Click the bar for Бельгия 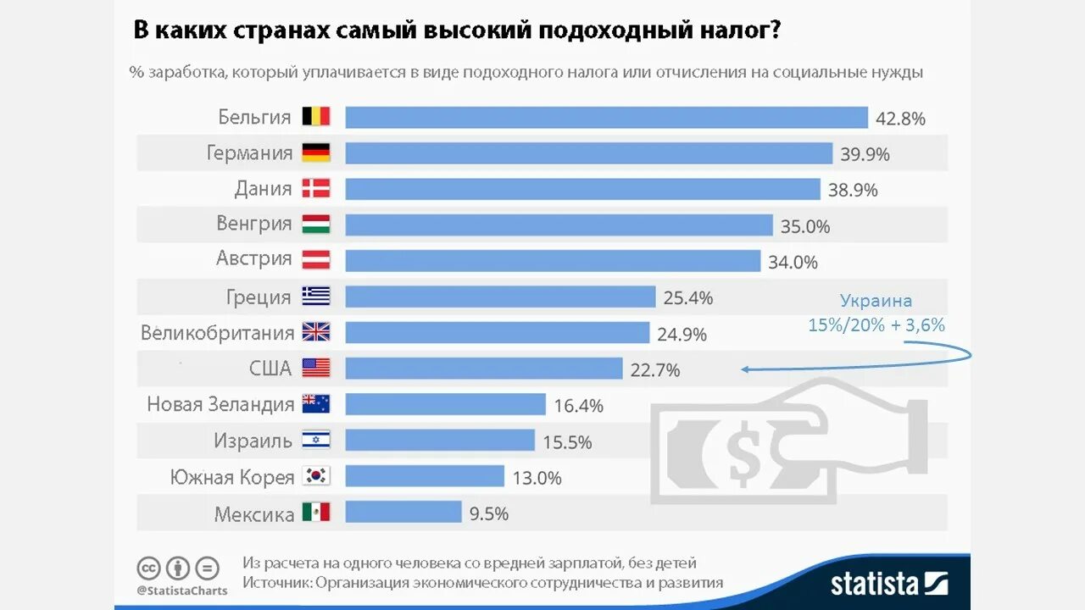(x=606, y=117)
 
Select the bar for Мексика (x=403, y=513)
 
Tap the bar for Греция (x=500, y=297)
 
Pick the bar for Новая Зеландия (x=445, y=405)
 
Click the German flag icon (x=316, y=152)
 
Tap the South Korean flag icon (x=316, y=477)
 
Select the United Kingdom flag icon (x=316, y=332)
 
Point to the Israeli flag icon (x=316, y=441)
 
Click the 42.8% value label (x=900, y=119)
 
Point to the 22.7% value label (x=655, y=370)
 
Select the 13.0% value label (x=537, y=478)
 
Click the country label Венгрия (x=254, y=224)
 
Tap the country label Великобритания (x=218, y=332)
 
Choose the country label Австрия (x=254, y=258)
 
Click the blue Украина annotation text (x=876, y=301)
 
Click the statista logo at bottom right (x=888, y=583)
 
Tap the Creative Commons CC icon (x=149, y=568)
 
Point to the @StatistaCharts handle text (x=181, y=591)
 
